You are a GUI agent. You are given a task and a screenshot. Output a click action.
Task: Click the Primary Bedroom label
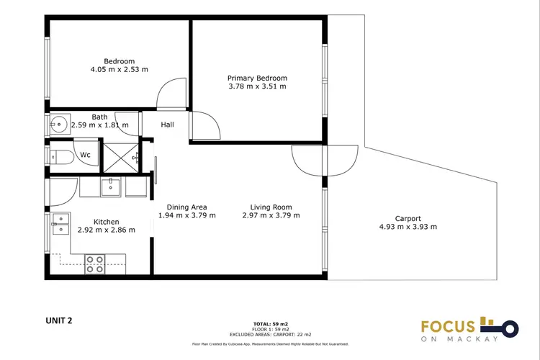click(x=257, y=78)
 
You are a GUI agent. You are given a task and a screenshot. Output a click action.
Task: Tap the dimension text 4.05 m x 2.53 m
click(x=119, y=70)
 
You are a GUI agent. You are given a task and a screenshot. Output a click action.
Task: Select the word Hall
click(x=167, y=125)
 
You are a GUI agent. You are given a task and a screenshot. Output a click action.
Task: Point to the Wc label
click(x=85, y=155)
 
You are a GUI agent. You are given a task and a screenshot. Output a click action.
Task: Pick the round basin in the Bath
click(x=58, y=125)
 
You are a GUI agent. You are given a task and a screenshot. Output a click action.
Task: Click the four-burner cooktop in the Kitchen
click(x=95, y=264)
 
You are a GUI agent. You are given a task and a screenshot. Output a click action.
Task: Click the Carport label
click(x=408, y=218)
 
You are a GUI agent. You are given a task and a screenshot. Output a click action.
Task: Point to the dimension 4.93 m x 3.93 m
click(x=408, y=227)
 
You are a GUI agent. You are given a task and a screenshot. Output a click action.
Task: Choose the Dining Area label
click(x=186, y=207)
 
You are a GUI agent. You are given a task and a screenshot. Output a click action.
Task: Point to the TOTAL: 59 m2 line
click(x=270, y=324)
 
